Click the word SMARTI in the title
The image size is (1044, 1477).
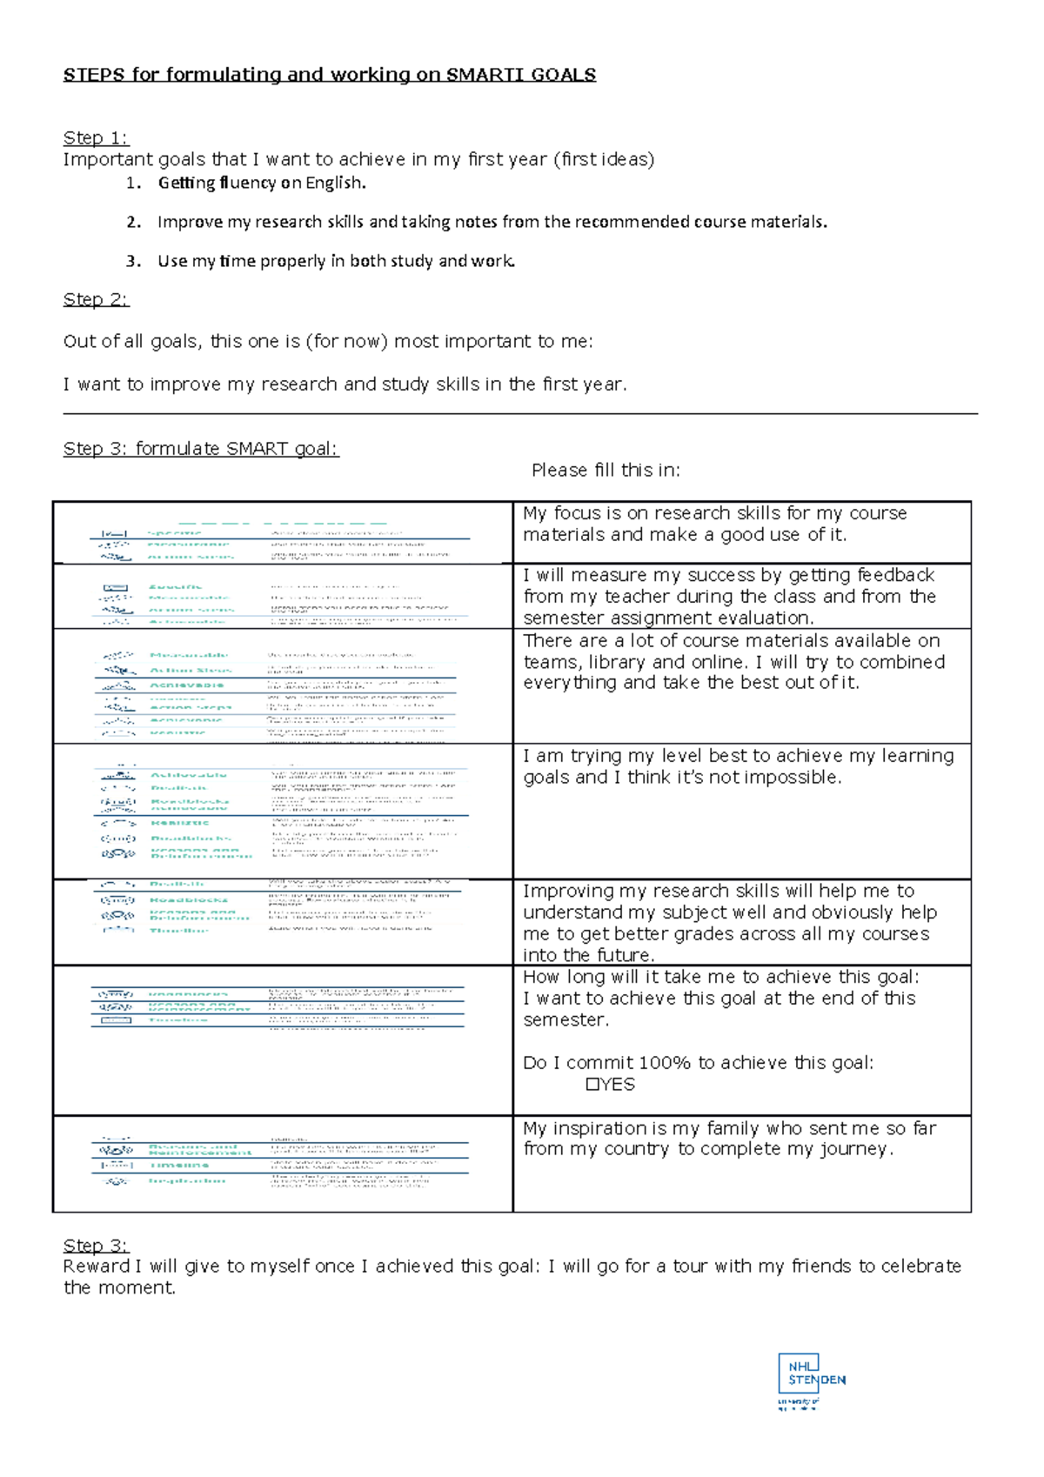click(485, 75)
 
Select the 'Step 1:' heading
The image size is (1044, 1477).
click(95, 137)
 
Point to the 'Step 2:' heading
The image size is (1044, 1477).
click(95, 299)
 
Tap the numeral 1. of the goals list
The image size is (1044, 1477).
click(132, 183)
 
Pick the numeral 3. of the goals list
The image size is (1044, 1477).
click(132, 261)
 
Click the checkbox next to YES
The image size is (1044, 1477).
click(592, 1085)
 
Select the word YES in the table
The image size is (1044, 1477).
click(618, 1085)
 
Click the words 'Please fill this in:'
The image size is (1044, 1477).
click(606, 471)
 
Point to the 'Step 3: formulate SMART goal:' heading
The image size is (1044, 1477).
click(200, 449)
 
